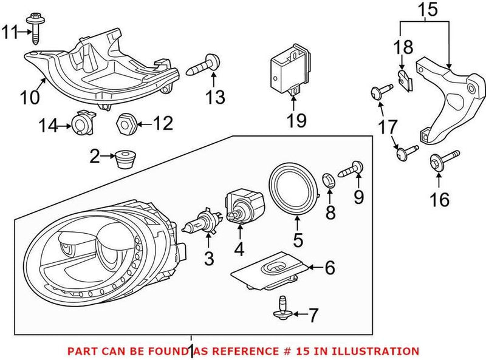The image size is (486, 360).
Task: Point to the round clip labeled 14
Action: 81,124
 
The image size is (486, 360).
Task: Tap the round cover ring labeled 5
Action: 293,189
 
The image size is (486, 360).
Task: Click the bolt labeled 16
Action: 436,163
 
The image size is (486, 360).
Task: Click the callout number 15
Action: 425,10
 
